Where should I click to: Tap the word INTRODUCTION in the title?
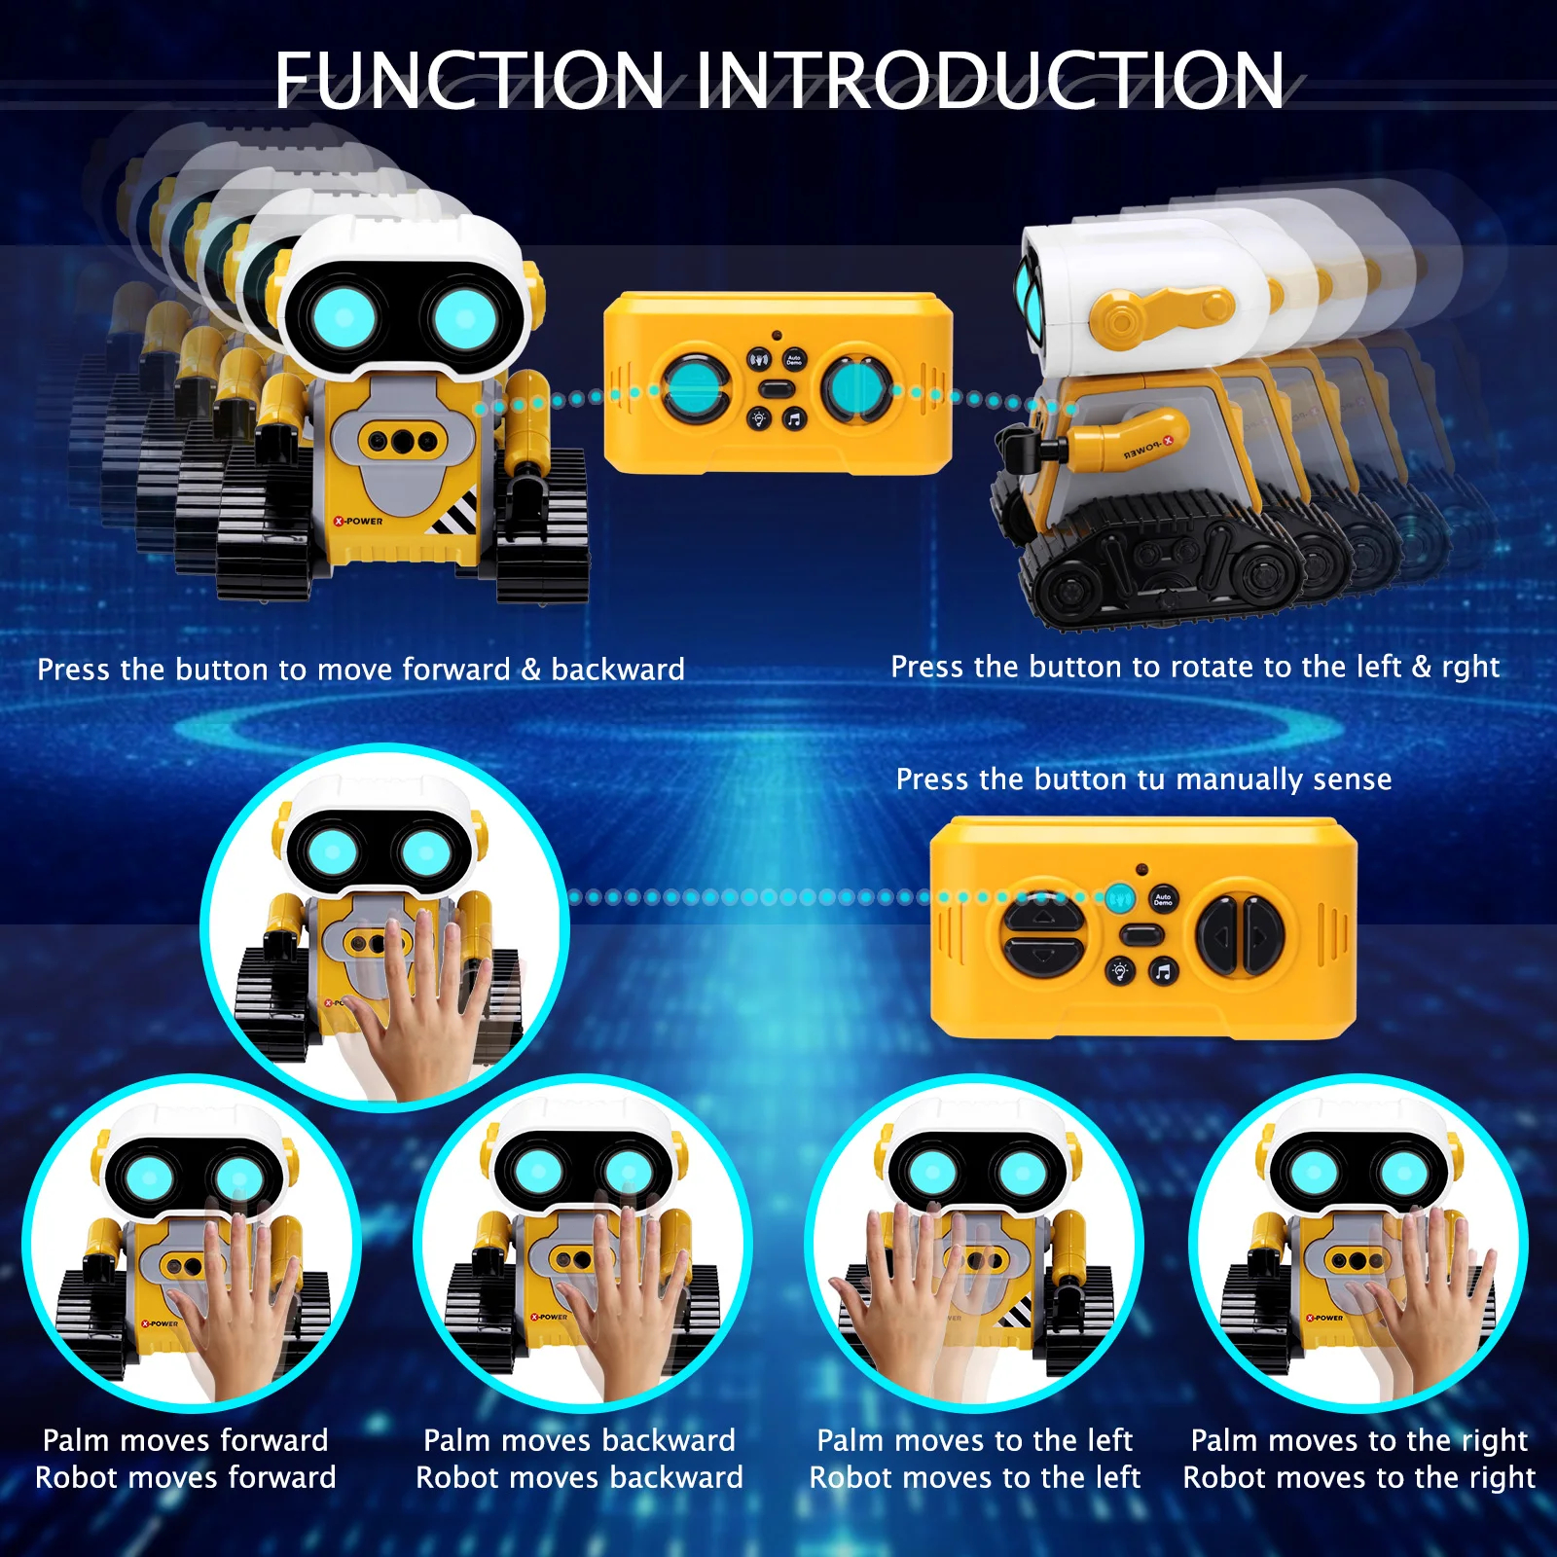pyautogui.click(x=989, y=81)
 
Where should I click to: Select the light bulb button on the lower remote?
pyautogui.click(x=1119, y=970)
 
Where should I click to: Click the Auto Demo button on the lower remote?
pyautogui.click(x=1163, y=899)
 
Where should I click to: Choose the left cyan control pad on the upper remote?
pyautogui.click(x=695, y=387)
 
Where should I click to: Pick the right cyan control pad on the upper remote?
pyautogui.click(x=856, y=387)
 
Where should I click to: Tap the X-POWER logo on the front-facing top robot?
pyautogui.click(x=358, y=522)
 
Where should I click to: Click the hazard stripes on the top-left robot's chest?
pyautogui.click(x=454, y=513)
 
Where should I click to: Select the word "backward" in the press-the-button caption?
pyautogui.click(x=618, y=670)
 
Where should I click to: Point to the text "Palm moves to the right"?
pyautogui.click(x=1358, y=1440)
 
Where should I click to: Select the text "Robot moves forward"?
pyautogui.click(x=186, y=1478)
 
